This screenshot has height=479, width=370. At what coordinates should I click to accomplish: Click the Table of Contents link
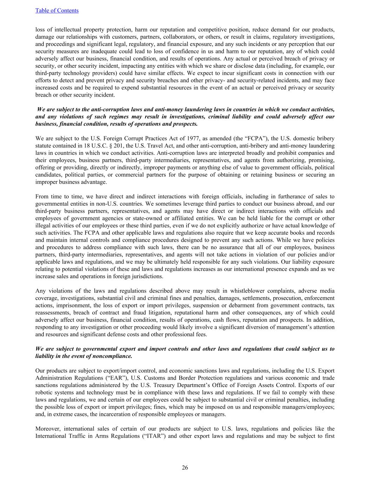click(57, 11)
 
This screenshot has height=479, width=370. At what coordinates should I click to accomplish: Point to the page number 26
click(185, 467)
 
